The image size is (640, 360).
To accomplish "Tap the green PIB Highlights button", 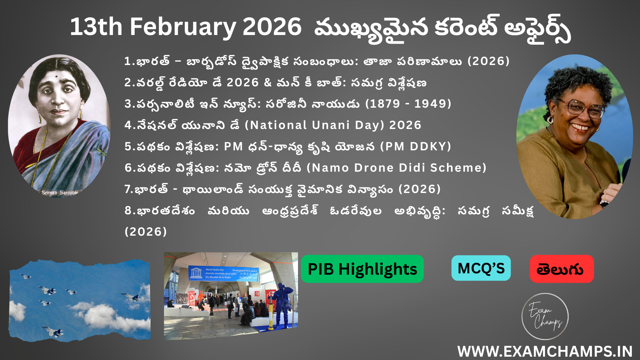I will [x=362, y=269].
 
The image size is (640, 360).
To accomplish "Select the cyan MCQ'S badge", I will [x=481, y=268].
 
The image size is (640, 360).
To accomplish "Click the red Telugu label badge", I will [x=562, y=269].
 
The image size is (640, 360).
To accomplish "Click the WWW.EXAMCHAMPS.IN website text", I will [x=545, y=351].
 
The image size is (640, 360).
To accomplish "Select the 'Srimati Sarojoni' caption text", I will [x=60, y=193].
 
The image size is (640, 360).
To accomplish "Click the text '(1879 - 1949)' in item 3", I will [x=408, y=104].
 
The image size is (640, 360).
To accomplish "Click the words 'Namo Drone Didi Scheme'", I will [x=397, y=168].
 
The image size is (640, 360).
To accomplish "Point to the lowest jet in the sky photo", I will [x=53, y=331].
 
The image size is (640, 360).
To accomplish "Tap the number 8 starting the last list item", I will [x=128, y=211].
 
